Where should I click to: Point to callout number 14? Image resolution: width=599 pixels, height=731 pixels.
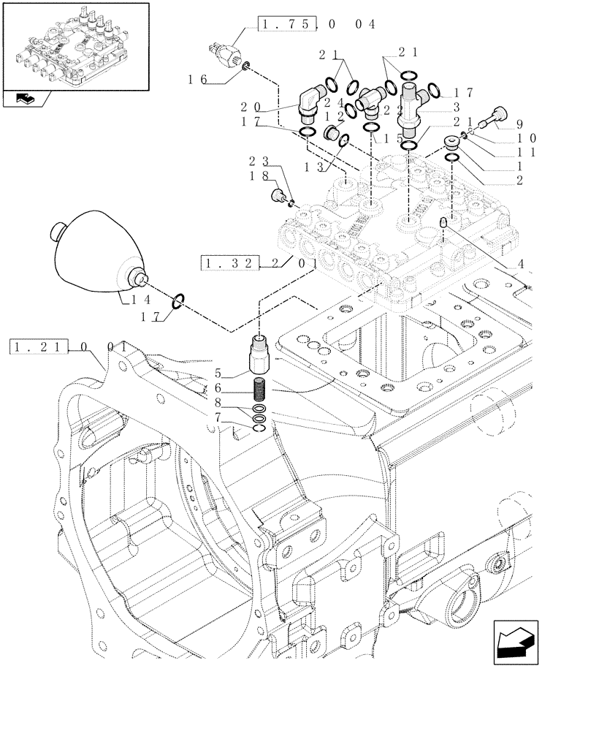(x=141, y=300)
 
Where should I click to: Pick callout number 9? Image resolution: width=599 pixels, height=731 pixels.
(x=520, y=125)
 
